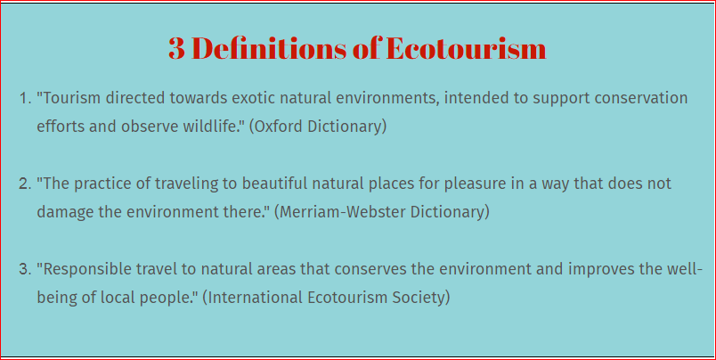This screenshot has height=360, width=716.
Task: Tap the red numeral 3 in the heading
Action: click(x=176, y=49)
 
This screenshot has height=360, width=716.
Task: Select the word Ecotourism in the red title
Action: click(x=466, y=48)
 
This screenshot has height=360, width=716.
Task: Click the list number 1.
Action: click(x=25, y=98)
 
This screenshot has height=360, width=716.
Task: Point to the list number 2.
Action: click(x=25, y=184)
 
